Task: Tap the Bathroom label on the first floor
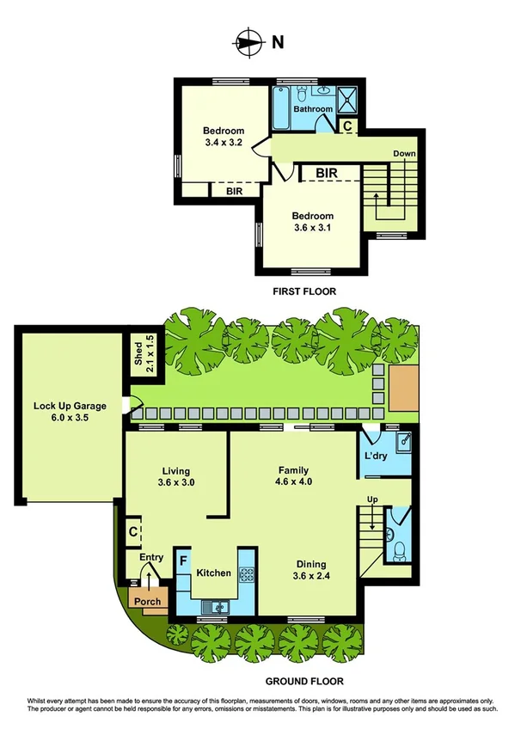point(313,109)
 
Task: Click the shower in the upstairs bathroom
point(347,100)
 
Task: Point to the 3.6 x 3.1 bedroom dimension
point(311,228)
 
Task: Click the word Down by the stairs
point(404,154)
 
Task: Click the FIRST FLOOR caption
point(304,291)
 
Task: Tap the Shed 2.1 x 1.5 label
point(143,352)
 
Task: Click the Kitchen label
point(213,572)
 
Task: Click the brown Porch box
point(146,601)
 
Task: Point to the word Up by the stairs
point(371,499)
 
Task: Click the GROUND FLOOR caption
point(300,680)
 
